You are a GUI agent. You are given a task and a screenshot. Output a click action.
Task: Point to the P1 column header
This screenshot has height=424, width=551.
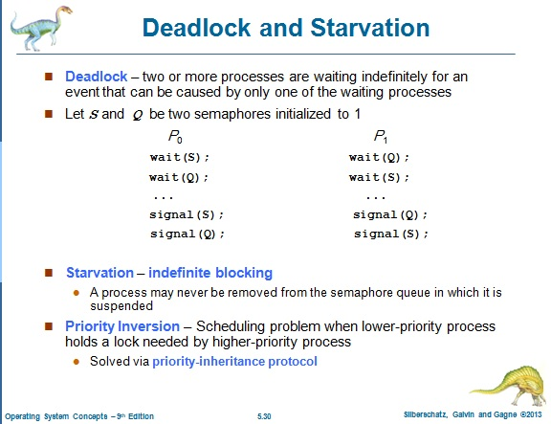click(x=382, y=137)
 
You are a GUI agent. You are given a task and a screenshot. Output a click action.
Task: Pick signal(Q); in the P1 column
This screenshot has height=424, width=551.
click(x=390, y=214)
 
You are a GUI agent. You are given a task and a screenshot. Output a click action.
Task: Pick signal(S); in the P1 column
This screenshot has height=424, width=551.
click(x=390, y=234)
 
